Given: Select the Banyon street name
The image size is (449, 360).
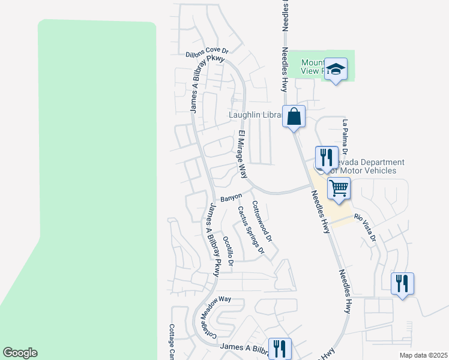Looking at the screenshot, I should point(231,197).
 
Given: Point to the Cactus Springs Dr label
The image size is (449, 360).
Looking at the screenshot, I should point(250,230).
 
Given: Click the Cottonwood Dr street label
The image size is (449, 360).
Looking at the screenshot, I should point(262,221).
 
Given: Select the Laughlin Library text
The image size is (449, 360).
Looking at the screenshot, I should point(255,115).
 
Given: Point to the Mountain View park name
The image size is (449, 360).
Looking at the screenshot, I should point(313,67).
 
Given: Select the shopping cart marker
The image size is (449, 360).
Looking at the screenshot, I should point(339,188).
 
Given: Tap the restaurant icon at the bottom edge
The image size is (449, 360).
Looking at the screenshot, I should point(280,348).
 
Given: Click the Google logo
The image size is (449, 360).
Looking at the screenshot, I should point(20,353).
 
